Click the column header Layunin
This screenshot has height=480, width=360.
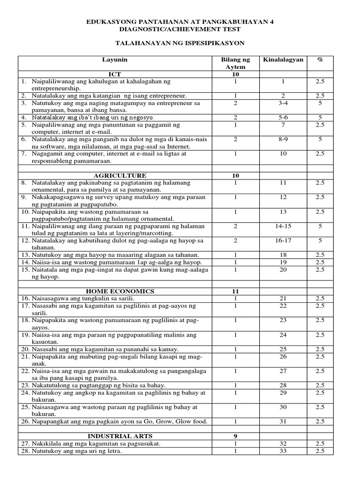(115, 60)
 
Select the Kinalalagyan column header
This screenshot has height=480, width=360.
(283, 60)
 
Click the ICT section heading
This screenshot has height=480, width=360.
(115, 75)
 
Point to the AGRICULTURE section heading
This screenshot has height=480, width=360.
(115, 175)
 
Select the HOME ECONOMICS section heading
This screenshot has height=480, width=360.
(115, 291)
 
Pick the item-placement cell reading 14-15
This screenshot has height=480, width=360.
(283, 226)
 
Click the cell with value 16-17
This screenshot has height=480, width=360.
(283, 240)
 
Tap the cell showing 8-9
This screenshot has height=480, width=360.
(283, 139)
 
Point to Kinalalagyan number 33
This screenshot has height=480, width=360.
(283, 451)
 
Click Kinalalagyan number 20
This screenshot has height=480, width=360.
(283, 270)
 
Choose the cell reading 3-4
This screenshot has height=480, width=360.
(283, 103)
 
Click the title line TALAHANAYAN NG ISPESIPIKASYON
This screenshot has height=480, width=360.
(180, 43)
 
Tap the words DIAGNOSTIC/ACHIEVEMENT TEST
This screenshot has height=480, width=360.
(180, 29)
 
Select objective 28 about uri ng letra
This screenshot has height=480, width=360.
(77, 451)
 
